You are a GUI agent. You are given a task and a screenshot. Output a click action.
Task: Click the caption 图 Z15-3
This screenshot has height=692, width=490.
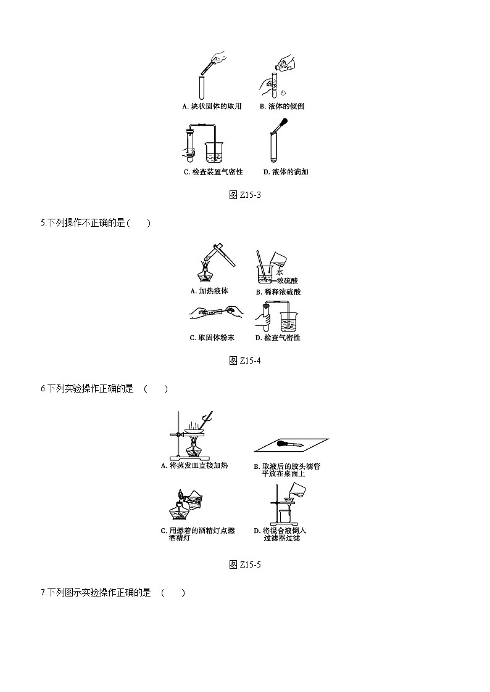tap(245, 195)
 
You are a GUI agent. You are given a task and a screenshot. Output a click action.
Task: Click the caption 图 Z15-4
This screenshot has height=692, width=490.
tap(245, 360)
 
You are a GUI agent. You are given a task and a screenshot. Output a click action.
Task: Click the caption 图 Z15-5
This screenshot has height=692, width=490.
tap(245, 564)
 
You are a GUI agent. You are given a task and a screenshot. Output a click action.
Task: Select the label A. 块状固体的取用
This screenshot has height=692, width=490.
tap(212, 106)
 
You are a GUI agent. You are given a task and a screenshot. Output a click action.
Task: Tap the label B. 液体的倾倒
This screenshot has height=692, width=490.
tap(282, 106)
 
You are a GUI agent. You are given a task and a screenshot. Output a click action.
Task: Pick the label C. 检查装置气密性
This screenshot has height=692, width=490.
tap(213, 172)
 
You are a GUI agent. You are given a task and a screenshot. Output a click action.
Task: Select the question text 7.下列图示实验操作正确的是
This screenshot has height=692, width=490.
tap(96, 593)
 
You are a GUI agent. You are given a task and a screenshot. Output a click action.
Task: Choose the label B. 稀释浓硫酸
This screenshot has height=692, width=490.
tap(278, 292)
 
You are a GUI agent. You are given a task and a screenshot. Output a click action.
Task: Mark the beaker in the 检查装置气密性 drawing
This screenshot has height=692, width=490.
tap(214, 151)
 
